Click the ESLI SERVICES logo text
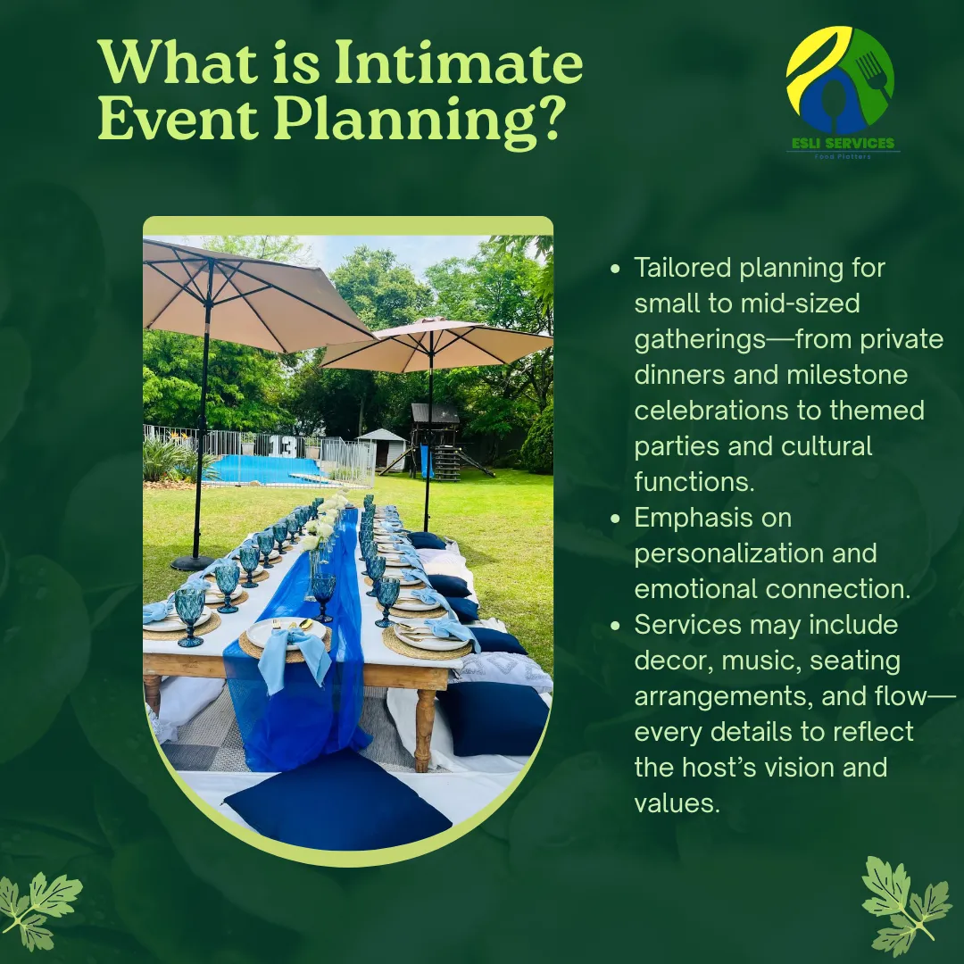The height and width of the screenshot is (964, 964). point(843,143)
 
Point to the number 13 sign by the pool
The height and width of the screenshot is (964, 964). point(283,446)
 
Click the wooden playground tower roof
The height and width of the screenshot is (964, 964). point(436,413)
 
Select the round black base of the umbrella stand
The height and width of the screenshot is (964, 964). point(193,562)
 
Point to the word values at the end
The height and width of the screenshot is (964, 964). point(677,803)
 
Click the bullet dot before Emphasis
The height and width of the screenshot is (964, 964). point(615,519)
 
